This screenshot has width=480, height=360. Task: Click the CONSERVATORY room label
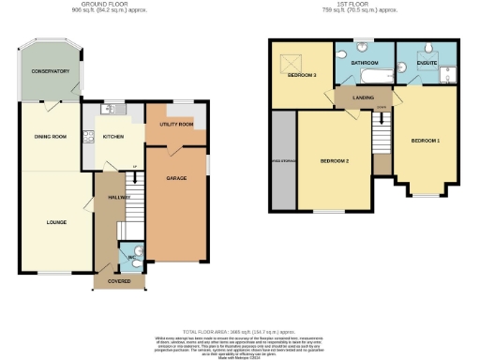point(50,71)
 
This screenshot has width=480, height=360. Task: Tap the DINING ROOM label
point(51,137)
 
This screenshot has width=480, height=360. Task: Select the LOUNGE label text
point(55,222)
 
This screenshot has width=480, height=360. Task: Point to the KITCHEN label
point(113,136)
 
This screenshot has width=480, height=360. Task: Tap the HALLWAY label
point(117,198)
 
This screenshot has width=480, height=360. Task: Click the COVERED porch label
point(119,279)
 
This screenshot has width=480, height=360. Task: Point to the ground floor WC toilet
point(137,250)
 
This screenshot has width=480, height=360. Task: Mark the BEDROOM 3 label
point(302,75)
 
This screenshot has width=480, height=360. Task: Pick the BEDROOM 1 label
point(425,141)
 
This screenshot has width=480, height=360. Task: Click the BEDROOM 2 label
point(334,161)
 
